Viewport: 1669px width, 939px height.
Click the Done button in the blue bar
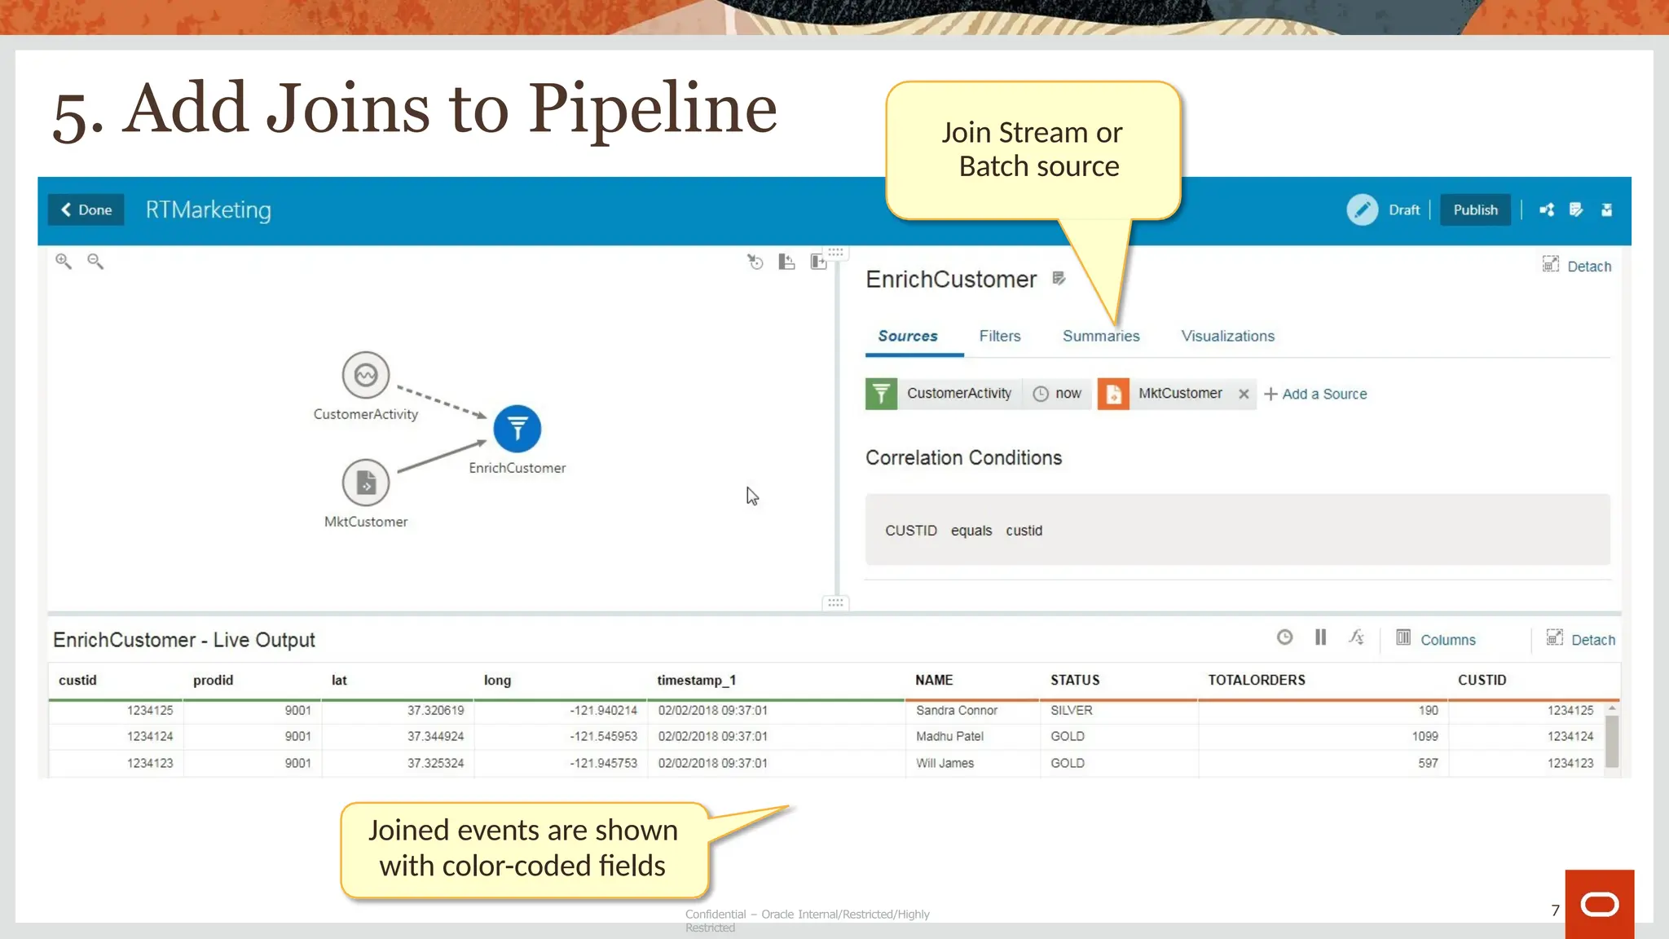[x=86, y=210]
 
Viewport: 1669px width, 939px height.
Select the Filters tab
[x=1000, y=336]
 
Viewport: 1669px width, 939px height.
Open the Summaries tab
[x=1101, y=336]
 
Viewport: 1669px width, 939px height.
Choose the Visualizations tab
[x=1227, y=336]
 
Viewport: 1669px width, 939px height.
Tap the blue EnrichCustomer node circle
[x=517, y=429]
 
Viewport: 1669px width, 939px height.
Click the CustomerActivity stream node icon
[x=366, y=376]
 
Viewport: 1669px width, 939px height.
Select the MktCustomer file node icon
[x=366, y=483]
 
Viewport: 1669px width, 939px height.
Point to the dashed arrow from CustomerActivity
[x=440, y=400]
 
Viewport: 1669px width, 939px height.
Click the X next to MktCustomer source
[x=1244, y=395]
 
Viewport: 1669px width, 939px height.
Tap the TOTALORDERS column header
[x=1256, y=680]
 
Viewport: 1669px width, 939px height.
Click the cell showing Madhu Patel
[x=949, y=737]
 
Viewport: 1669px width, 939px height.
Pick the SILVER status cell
[x=1071, y=711]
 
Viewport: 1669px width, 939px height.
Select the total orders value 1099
[x=1425, y=737]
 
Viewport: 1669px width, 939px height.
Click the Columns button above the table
[x=1437, y=640]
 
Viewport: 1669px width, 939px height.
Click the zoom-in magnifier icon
[x=64, y=262]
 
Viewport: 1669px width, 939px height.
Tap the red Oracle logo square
[x=1599, y=904]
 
